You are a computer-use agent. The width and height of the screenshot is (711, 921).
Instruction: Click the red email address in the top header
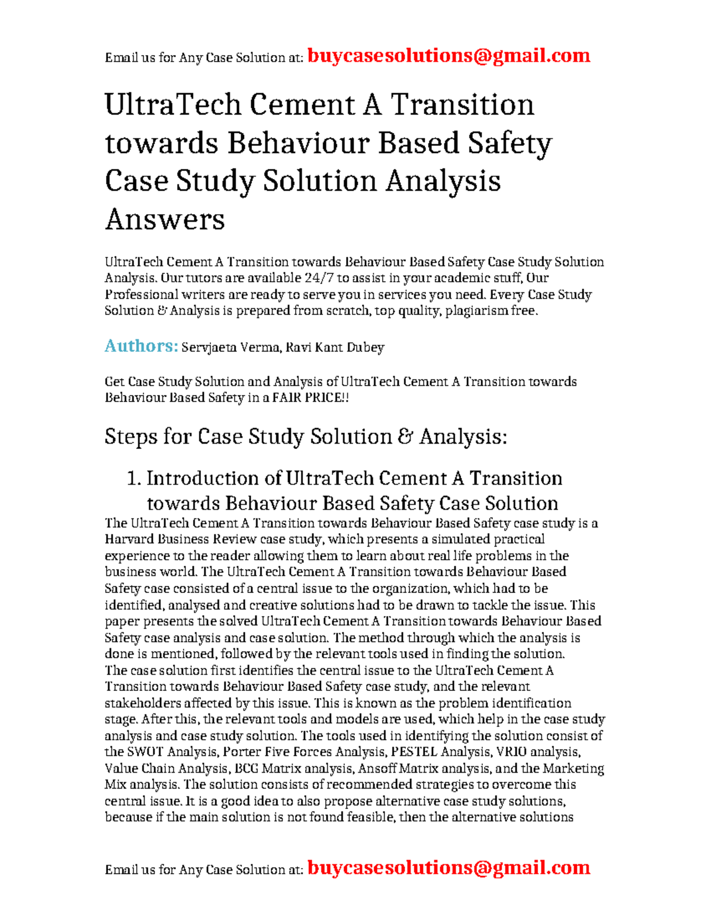click(449, 56)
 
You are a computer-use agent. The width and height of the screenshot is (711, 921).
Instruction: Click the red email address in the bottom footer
click(449, 868)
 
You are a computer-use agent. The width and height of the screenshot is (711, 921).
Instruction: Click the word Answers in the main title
click(165, 219)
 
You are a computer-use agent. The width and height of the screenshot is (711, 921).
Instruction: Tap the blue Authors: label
click(141, 346)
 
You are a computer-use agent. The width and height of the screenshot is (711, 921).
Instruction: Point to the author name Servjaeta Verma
click(230, 348)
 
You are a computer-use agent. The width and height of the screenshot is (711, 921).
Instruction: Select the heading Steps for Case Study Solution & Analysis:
click(306, 436)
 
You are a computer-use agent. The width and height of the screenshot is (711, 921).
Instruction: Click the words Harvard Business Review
click(181, 540)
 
